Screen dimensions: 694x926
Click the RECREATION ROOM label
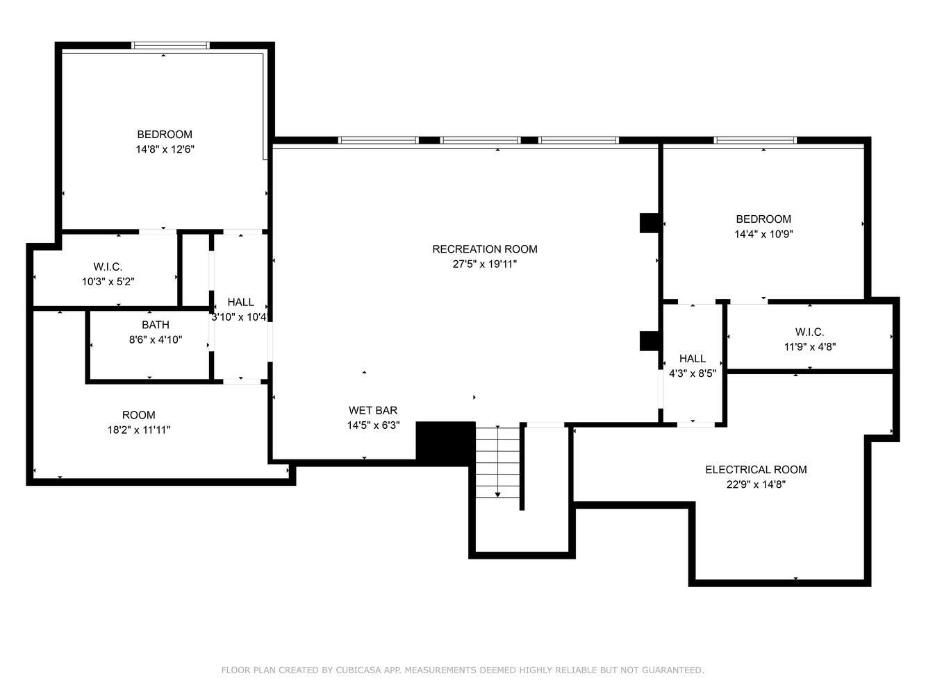click(484, 249)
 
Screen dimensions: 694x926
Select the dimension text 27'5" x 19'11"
click(484, 264)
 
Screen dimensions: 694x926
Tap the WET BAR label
click(373, 410)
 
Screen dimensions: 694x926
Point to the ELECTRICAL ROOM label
click(756, 470)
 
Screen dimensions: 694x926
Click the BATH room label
click(156, 325)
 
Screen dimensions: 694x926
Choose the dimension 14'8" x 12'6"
click(165, 149)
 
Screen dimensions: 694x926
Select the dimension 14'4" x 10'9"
click(763, 235)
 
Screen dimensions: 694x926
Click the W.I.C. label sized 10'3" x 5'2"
click(108, 266)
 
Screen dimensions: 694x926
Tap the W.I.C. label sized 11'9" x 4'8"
click(810, 332)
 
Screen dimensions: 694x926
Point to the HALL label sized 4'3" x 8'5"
click(693, 358)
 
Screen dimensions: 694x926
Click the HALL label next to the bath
click(240, 302)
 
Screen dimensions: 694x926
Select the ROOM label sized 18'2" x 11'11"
click(139, 415)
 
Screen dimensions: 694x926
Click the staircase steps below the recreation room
click(497, 462)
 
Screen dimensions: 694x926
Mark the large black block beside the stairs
click(445, 443)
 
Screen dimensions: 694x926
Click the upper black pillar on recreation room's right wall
click(649, 222)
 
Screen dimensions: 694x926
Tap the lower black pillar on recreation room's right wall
click(649, 341)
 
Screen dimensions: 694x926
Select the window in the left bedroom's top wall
click(170, 46)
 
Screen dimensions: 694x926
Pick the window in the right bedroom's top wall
click(754, 141)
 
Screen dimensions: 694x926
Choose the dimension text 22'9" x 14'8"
click(756, 485)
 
